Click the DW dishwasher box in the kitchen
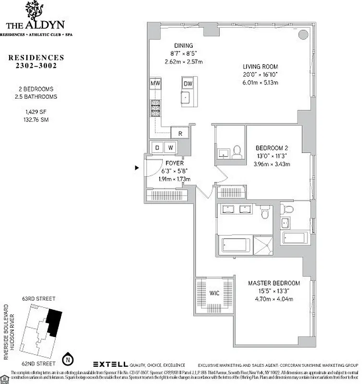tap(188, 84)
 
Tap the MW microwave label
tap(155, 84)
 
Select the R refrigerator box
tap(180, 133)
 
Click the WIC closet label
tap(214, 293)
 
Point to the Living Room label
tap(260, 67)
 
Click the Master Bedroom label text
tap(274, 283)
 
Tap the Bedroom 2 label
tap(272, 148)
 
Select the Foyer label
tap(174, 163)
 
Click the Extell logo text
tap(110, 364)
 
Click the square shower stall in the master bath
tap(262, 245)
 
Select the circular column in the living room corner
tap(303, 35)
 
